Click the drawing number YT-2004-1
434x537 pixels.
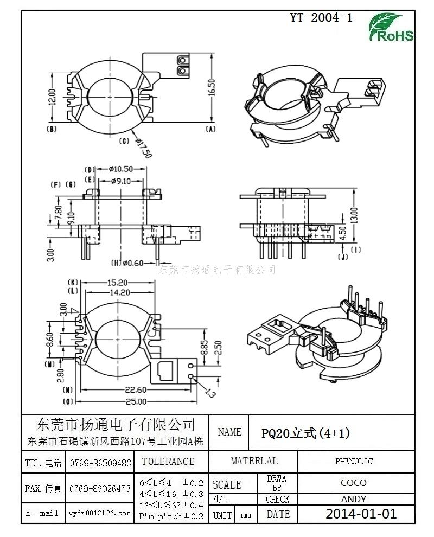[321, 17]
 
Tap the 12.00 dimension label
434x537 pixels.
[52, 98]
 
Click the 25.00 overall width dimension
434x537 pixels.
[136, 401]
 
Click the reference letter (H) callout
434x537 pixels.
[116, 264]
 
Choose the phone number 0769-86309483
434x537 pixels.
[100, 463]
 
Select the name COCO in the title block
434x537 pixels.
[354, 483]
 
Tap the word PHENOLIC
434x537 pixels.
[354, 462]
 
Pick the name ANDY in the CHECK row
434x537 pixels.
[354, 499]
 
